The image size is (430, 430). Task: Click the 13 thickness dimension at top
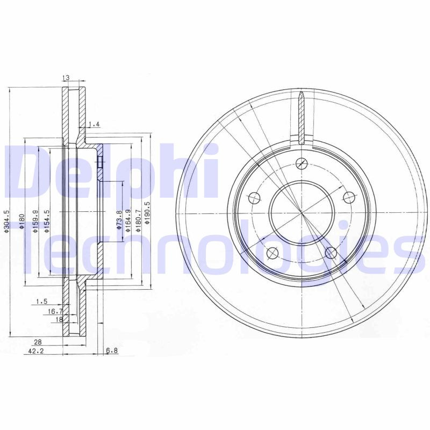[x=66, y=78]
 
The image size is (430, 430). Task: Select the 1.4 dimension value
[x=94, y=125]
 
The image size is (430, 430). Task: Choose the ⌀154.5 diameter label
[x=47, y=221]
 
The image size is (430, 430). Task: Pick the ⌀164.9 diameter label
[x=128, y=221]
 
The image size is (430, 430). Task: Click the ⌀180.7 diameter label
[x=138, y=221]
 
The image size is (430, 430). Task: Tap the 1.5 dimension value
[x=42, y=302]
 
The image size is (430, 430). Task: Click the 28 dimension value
[x=38, y=341]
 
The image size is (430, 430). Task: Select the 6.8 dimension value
[x=111, y=351]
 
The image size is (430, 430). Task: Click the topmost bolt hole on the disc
[x=302, y=162]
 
